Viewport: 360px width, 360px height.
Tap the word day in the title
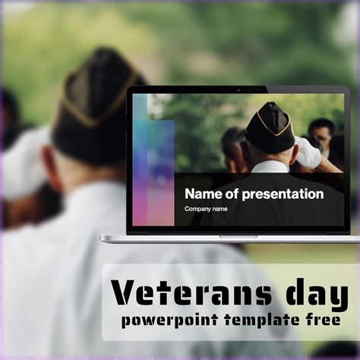point(317,295)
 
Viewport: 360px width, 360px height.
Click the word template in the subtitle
point(262,321)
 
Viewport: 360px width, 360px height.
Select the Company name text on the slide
point(206,209)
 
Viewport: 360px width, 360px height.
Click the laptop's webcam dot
point(238,90)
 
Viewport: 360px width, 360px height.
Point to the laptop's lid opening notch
point(238,237)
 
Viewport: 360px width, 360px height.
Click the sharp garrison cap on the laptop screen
point(270,128)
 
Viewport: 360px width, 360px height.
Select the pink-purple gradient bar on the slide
point(153,172)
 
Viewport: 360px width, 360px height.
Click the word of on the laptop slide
point(232,194)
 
